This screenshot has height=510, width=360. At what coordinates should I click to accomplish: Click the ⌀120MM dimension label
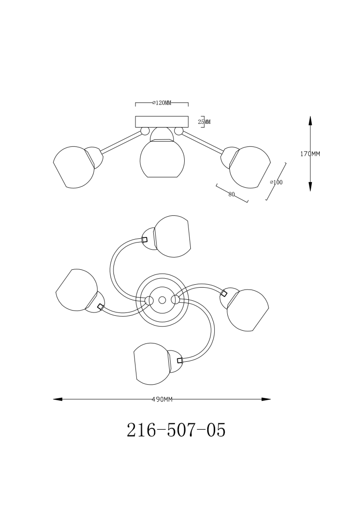point(161,103)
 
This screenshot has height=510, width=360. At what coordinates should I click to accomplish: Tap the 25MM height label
point(204,122)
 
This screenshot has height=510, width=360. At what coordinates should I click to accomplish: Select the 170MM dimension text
point(310,154)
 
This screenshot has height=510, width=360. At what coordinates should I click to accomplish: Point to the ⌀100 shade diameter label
point(277,183)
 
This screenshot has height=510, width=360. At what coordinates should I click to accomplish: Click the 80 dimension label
point(232,195)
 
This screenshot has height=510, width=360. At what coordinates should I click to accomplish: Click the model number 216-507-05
point(176,430)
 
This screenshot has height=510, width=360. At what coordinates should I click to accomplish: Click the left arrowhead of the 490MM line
point(58,399)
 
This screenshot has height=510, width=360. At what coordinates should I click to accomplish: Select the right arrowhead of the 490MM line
point(266,399)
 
